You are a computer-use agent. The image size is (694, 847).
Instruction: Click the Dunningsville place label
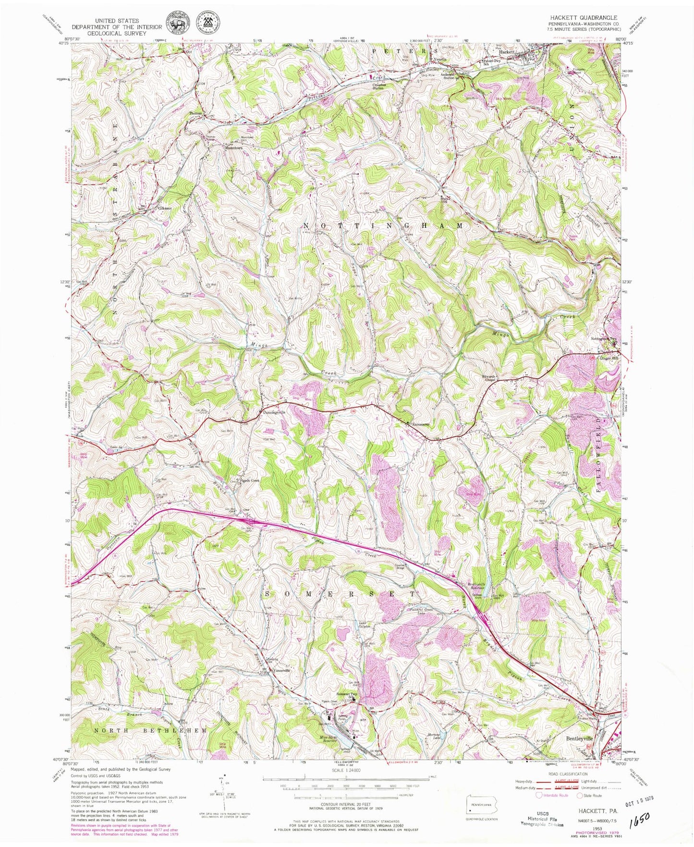[x=274, y=412]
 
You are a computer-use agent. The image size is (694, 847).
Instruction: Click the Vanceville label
[x=279, y=671]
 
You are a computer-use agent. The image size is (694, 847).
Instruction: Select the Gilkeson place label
[x=168, y=209]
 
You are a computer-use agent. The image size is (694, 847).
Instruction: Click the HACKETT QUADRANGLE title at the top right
[x=584, y=17]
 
